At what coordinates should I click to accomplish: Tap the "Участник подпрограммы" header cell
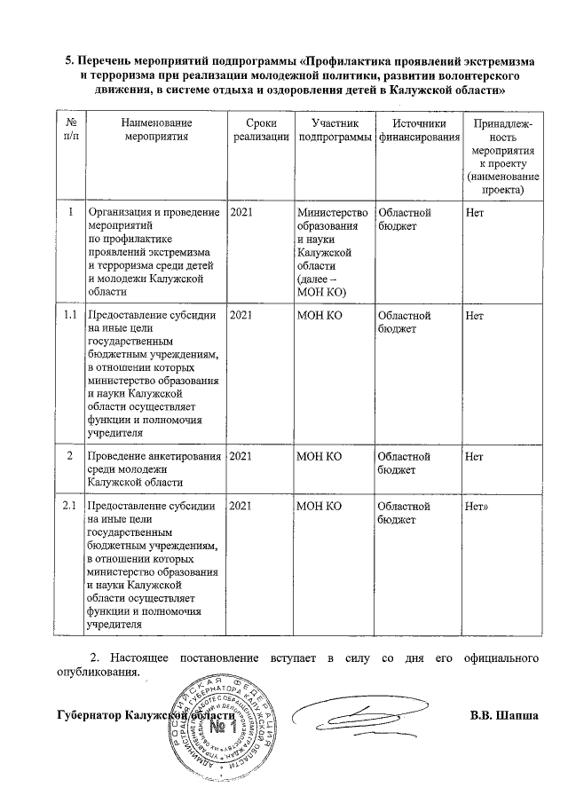pos(334,130)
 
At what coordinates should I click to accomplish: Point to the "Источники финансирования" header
pos(418,130)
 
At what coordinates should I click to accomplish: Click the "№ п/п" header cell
pos(69,130)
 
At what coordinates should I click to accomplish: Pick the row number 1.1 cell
pos(69,315)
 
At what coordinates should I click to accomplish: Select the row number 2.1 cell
pos(69,507)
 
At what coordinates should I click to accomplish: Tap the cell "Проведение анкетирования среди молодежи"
pos(153,469)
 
